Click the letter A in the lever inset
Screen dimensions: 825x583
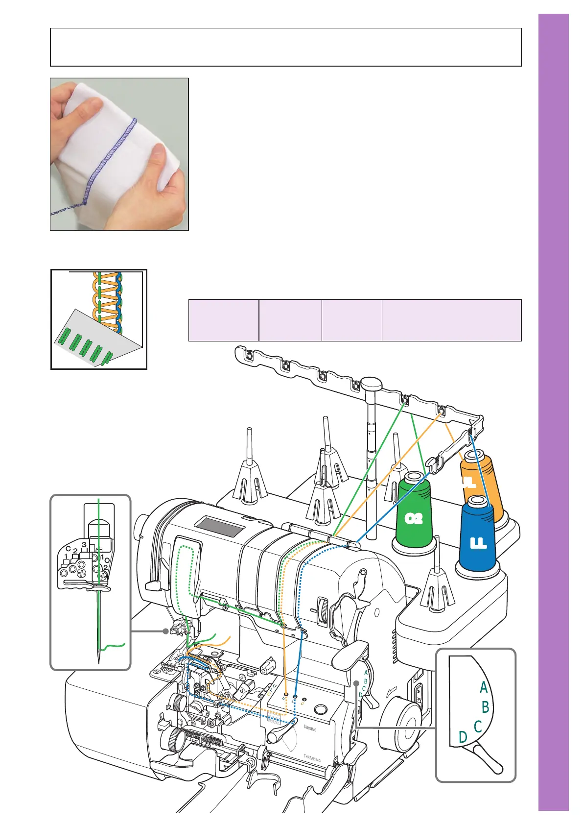pos(484,688)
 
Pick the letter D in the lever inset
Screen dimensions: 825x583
pos(463,737)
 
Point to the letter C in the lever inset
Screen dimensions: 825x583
pos(478,726)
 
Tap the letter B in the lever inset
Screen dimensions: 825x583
pos(485,707)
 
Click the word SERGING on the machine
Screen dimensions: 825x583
pos(310,728)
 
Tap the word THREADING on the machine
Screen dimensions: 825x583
pos(312,759)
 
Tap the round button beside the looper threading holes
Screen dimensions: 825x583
pos(321,709)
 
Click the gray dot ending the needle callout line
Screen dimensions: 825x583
pos(166,631)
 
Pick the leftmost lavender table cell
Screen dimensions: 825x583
pos(224,320)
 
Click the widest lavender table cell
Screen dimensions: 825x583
pos(451,320)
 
